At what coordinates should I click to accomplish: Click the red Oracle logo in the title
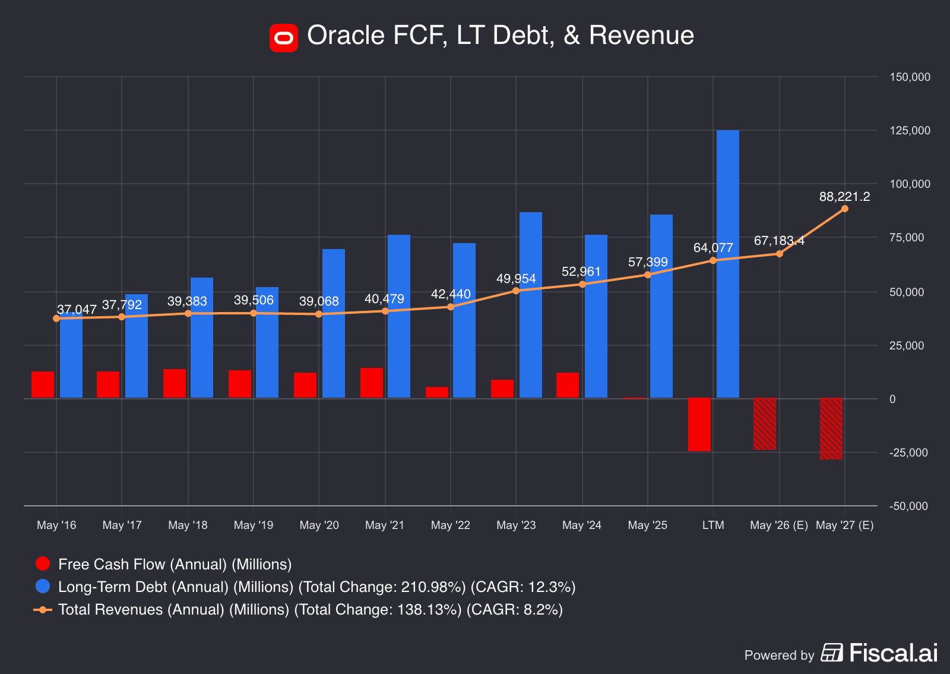(x=283, y=38)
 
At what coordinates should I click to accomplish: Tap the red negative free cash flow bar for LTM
(x=699, y=424)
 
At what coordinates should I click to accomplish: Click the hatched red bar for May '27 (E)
(x=831, y=429)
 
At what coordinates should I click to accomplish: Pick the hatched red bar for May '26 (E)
(x=764, y=424)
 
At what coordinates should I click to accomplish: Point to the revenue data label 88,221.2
(x=844, y=197)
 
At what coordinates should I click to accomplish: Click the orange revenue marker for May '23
(x=516, y=291)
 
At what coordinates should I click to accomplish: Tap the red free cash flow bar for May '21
(x=371, y=383)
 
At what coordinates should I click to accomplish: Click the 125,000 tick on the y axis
(x=909, y=131)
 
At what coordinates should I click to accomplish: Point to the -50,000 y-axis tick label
(x=908, y=506)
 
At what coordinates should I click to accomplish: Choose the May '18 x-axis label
(x=188, y=525)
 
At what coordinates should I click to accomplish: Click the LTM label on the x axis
(x=712, y=525)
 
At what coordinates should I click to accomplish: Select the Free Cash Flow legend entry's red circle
(x=43, y=564)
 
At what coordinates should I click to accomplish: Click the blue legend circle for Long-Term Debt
(x=43, y=587)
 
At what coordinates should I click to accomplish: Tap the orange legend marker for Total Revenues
(x=43, y=610)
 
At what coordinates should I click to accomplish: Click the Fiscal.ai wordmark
(x=893, y=653)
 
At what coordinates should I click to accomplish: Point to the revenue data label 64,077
(x=712, y=248)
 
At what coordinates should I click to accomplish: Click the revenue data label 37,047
(x=77, y=310)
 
